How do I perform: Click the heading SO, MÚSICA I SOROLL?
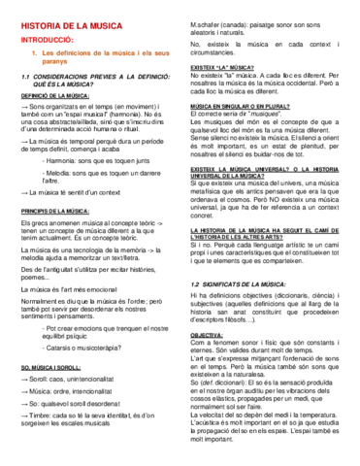pyautogui.click(x=51, y=368)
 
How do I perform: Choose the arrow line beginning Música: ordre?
pyautogui.click(x=82, y=394)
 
